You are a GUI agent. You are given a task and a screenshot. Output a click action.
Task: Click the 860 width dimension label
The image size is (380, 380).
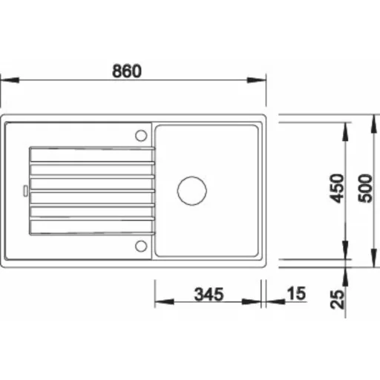click(x=127, y=71)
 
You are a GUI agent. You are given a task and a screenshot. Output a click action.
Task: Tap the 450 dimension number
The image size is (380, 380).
click(x=337, y=189)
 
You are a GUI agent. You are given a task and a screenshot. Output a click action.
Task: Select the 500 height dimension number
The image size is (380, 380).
click(x=365, y=189)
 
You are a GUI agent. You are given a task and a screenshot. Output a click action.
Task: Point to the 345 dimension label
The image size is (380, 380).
click(x=209, y=294)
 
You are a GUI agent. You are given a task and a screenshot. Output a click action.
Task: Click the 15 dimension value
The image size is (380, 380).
click(x=296, y=293)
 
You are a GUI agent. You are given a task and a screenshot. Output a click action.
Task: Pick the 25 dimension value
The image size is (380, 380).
click(x=337, y=299)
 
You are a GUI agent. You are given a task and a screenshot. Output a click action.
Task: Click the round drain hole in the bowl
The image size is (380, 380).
click(x=192, y=191)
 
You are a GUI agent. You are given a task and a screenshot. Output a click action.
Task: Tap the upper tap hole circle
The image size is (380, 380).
click(x=141, y=136)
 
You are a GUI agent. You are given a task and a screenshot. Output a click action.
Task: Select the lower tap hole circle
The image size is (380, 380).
click(x=141, y=246)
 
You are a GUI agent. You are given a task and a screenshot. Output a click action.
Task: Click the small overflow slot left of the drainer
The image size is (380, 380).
click(x=25, y=191)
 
